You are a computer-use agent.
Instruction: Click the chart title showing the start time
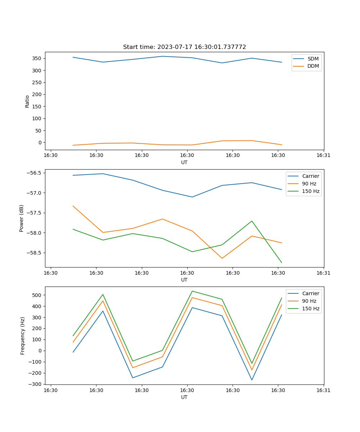pos(184,47)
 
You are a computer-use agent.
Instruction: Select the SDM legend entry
pos(313,59)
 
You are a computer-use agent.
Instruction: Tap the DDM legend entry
pos(313,66)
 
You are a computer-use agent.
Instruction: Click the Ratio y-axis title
pos(27,102)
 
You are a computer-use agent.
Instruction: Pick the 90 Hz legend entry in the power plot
pos(309,184)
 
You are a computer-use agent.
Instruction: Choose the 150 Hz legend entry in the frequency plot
pos(311,309)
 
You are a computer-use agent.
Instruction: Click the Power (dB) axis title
pos(22,218)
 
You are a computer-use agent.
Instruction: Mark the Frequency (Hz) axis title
pos(23,336)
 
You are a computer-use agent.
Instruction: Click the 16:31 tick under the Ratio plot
pos(324,156)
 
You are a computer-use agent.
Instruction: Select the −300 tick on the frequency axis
pos(35,384)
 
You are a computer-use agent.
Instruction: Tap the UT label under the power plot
pos(184,280)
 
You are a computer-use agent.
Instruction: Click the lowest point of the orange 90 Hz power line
pos(222,258)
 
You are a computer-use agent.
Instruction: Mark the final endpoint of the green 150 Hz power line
pos(282,263)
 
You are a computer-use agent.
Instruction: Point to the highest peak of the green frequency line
pos(192,291)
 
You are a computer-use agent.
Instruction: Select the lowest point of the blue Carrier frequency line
pos(252,380)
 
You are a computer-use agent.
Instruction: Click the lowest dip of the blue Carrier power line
pos(192,197)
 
